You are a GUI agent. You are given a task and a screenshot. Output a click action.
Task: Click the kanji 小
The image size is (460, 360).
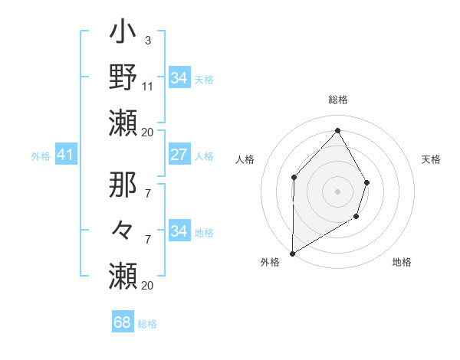[x=123, y=34]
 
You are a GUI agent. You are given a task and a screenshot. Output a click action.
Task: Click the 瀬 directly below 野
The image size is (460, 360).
[x=123, y=122]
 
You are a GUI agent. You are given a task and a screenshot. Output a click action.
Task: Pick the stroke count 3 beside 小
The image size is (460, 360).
[x=147, y=40]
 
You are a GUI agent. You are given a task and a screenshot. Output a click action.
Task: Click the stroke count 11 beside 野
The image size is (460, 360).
[x=148, y=86]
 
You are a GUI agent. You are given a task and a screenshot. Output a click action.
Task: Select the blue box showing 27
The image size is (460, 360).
[x=179, y=155]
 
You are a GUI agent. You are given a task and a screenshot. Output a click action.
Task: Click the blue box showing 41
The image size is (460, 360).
[x=65, y=155]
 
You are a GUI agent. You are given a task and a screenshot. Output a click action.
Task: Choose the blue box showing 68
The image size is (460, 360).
[x=123, y=322]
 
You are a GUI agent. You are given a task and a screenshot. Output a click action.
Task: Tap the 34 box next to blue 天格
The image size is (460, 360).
[x=179, y=78]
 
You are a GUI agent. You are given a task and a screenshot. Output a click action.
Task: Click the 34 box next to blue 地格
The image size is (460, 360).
[x=179, y=231]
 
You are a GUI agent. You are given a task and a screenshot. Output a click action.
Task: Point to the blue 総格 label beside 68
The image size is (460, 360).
[x=147, y=324]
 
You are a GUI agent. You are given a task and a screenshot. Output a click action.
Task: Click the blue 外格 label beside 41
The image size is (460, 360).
[x=41, y=156]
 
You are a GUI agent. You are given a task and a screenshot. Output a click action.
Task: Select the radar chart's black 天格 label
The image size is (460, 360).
[x=431, y=159]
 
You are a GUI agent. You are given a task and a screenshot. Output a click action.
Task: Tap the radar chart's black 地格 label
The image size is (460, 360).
[x=402, y=262]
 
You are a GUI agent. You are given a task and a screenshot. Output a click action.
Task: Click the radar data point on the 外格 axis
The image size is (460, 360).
[x=292, y=253]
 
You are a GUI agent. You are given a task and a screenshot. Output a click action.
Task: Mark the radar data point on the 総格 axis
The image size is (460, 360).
[x=337, y=130]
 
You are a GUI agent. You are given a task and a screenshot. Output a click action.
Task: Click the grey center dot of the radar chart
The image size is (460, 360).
[x=337, y=191]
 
